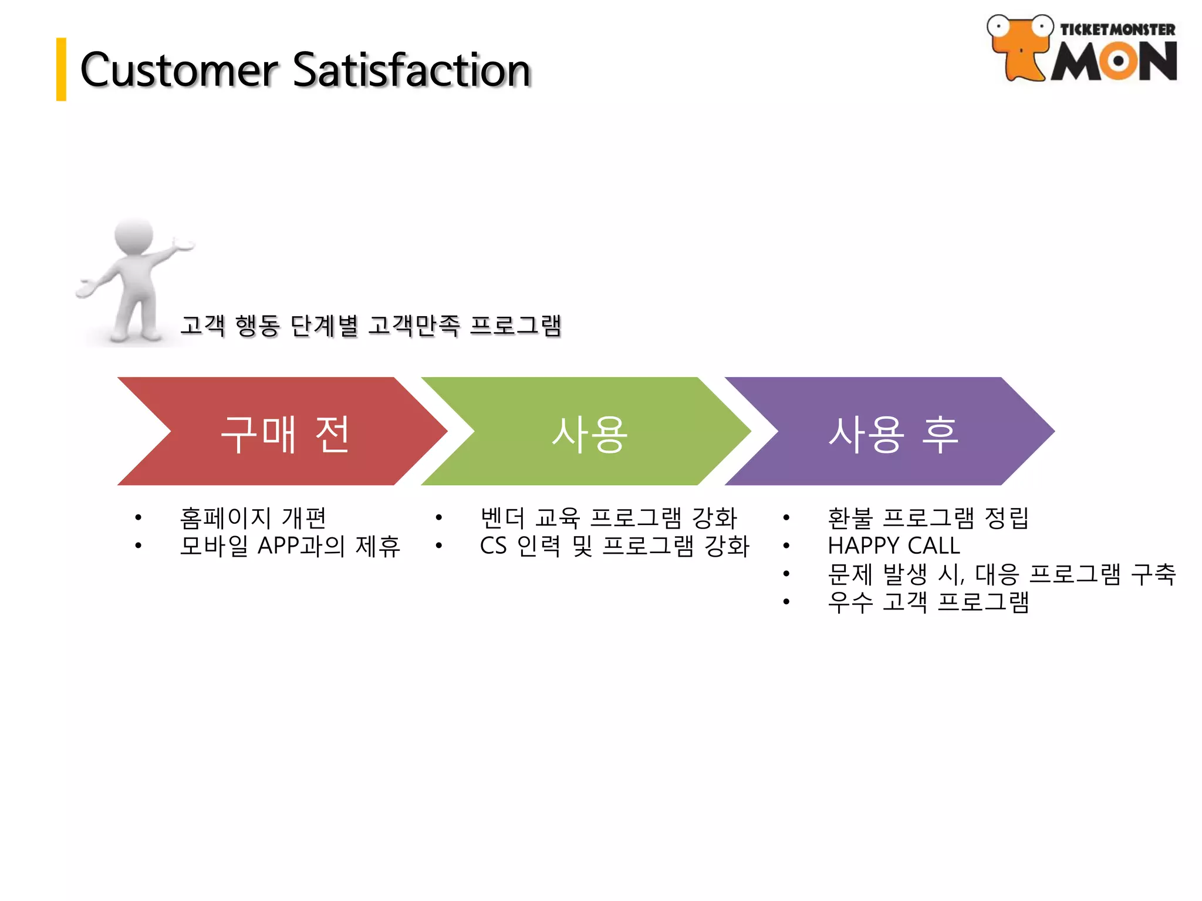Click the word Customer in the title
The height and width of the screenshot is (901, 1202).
point(179,70)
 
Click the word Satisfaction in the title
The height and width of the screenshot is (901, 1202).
point(411,70)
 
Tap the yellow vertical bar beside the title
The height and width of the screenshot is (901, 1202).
point(61,69)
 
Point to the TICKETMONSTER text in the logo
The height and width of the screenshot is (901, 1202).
point(1117,30)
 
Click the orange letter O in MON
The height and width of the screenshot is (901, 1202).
point(1117,61)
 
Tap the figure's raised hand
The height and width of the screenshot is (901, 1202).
point(183,245)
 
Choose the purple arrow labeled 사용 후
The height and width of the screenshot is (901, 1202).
point(892,432)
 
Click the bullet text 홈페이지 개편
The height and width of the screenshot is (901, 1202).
point(253,517)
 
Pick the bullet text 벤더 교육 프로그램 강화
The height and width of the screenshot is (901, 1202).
point(608,517)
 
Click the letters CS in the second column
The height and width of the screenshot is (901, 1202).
point(493,546)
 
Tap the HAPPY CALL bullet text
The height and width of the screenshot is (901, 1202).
point(893,546)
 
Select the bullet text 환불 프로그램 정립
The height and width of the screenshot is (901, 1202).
point(927,517)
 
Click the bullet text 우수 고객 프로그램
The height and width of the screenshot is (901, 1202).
point(927,602)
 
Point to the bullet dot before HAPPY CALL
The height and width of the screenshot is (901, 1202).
point(786,546)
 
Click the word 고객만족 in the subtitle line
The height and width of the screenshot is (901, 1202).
point(414,326)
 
